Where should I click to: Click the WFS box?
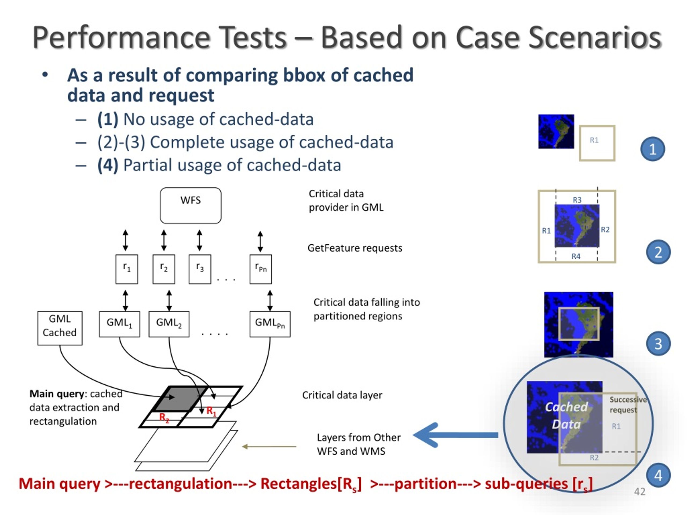[x=190, y=205]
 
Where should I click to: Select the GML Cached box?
[x=60, y=328]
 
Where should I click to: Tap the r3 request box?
[x=200, y=269]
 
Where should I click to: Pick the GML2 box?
[x=169, y=324]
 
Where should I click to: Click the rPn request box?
[x=261, y=269]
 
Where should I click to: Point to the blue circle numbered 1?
[x=653, y=149]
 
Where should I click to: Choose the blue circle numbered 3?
[x=658, y=344]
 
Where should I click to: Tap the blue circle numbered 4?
[x=658, y=475]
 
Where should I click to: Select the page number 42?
[x=640, y=491]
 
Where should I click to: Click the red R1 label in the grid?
[x=211, y=411]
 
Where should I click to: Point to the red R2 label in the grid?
[x=164, y=418]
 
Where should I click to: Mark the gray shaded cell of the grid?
[x=180, y=399]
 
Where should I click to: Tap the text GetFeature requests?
[x=355, y=248]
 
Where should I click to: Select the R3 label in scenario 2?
[x=577, y=200]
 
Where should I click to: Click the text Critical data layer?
[x=342, y=395]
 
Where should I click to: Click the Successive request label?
[x=628, y=404]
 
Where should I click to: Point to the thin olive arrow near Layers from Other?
[x=269, y=446]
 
